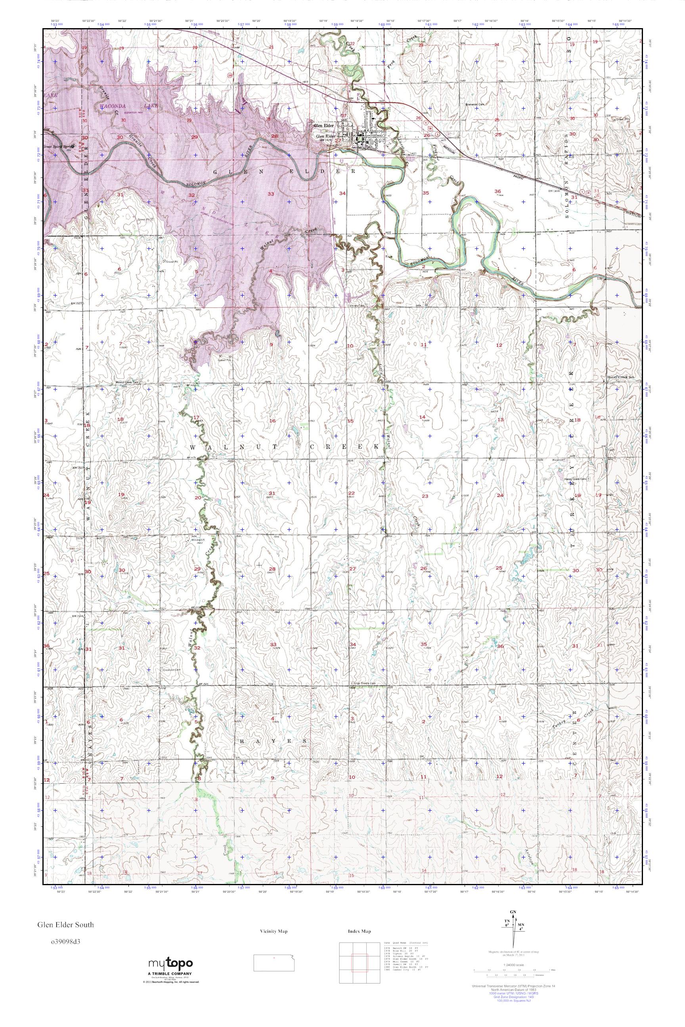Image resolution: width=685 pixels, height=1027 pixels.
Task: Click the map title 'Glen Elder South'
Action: coord(65,925)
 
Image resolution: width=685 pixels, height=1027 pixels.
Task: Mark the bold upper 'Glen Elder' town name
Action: coord(324,126)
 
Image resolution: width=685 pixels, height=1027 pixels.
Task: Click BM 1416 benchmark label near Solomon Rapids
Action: coord(554,191)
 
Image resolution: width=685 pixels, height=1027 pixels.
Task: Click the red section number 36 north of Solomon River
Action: coord(497,191)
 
